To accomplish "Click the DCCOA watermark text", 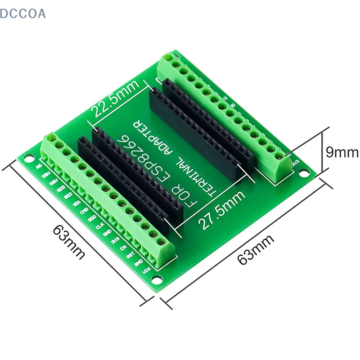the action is click(23, 14).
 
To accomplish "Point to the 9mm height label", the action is click(342, 153).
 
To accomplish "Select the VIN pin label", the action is click(146, 270).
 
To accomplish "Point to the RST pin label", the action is click(130, 255).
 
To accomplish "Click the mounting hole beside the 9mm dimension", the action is click(305, 172).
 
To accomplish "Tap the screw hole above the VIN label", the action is click(153, 234).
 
